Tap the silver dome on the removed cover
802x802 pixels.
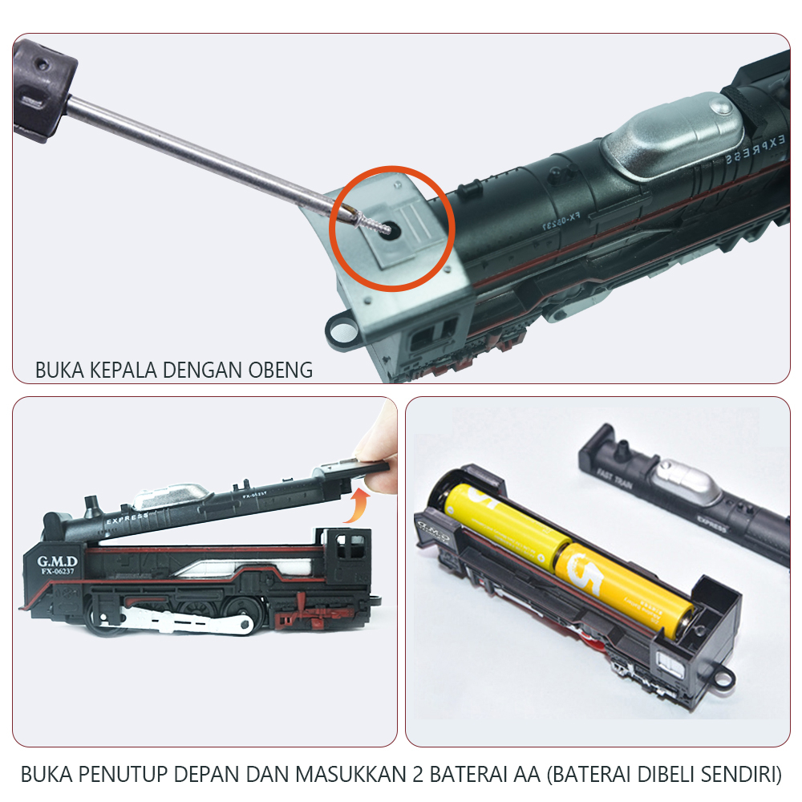(x=683, y=483)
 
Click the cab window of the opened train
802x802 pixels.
(x=349, y=549)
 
